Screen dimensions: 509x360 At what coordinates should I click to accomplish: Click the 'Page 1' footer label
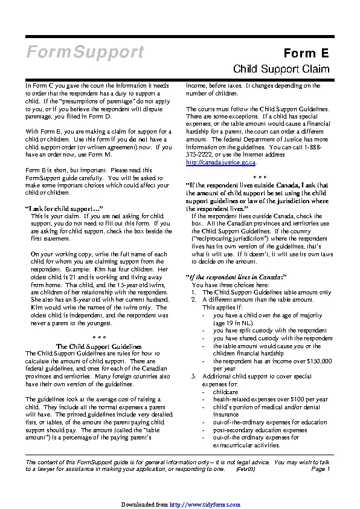321,468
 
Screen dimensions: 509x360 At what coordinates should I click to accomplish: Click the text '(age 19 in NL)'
233,323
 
